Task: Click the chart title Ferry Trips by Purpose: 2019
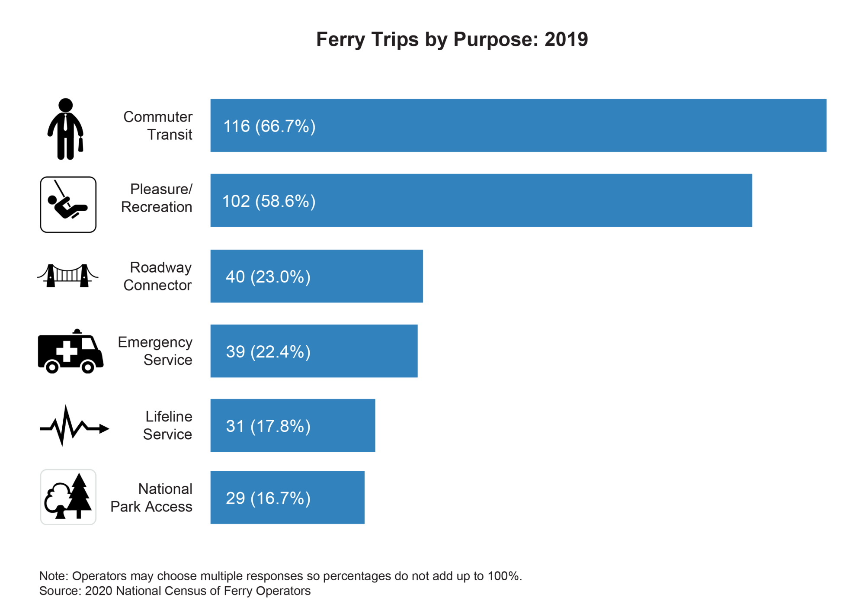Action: point(452,39)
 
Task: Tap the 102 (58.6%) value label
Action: point(269,201)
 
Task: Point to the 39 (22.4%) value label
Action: point(268,351)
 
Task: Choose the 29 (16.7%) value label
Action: point(268,498)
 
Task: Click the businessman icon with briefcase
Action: point(65,129)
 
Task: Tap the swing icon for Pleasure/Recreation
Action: point(68,204)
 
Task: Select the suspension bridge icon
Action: point(67,276)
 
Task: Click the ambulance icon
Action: point(70,351)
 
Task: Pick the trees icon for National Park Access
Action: point(68,497)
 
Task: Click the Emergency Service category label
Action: point(155,351)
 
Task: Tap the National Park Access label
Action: point(151,498)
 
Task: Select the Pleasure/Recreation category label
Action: point(157,198)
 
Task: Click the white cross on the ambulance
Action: point(67,351)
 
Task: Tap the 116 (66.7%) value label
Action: point(269,126)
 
